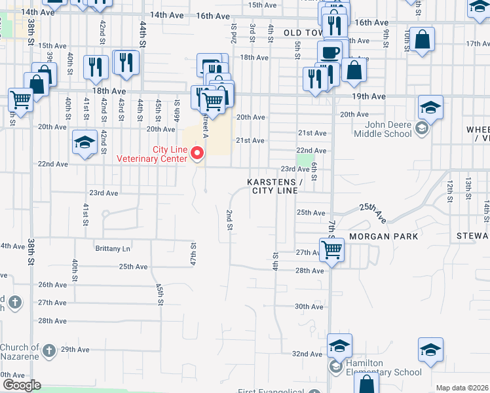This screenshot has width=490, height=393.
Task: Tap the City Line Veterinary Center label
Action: [x=152, y=154]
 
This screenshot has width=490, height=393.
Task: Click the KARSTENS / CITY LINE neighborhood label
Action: [x=274, y=186]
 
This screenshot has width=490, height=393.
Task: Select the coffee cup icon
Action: [x=330, y=51]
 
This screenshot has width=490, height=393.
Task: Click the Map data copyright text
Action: [x=462, y=388]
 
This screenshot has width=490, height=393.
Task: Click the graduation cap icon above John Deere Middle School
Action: [x=430, y=106]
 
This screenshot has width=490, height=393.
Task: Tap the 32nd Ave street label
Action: [x=307, y=354]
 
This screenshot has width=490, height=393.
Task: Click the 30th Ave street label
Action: [x=309, y=307]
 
